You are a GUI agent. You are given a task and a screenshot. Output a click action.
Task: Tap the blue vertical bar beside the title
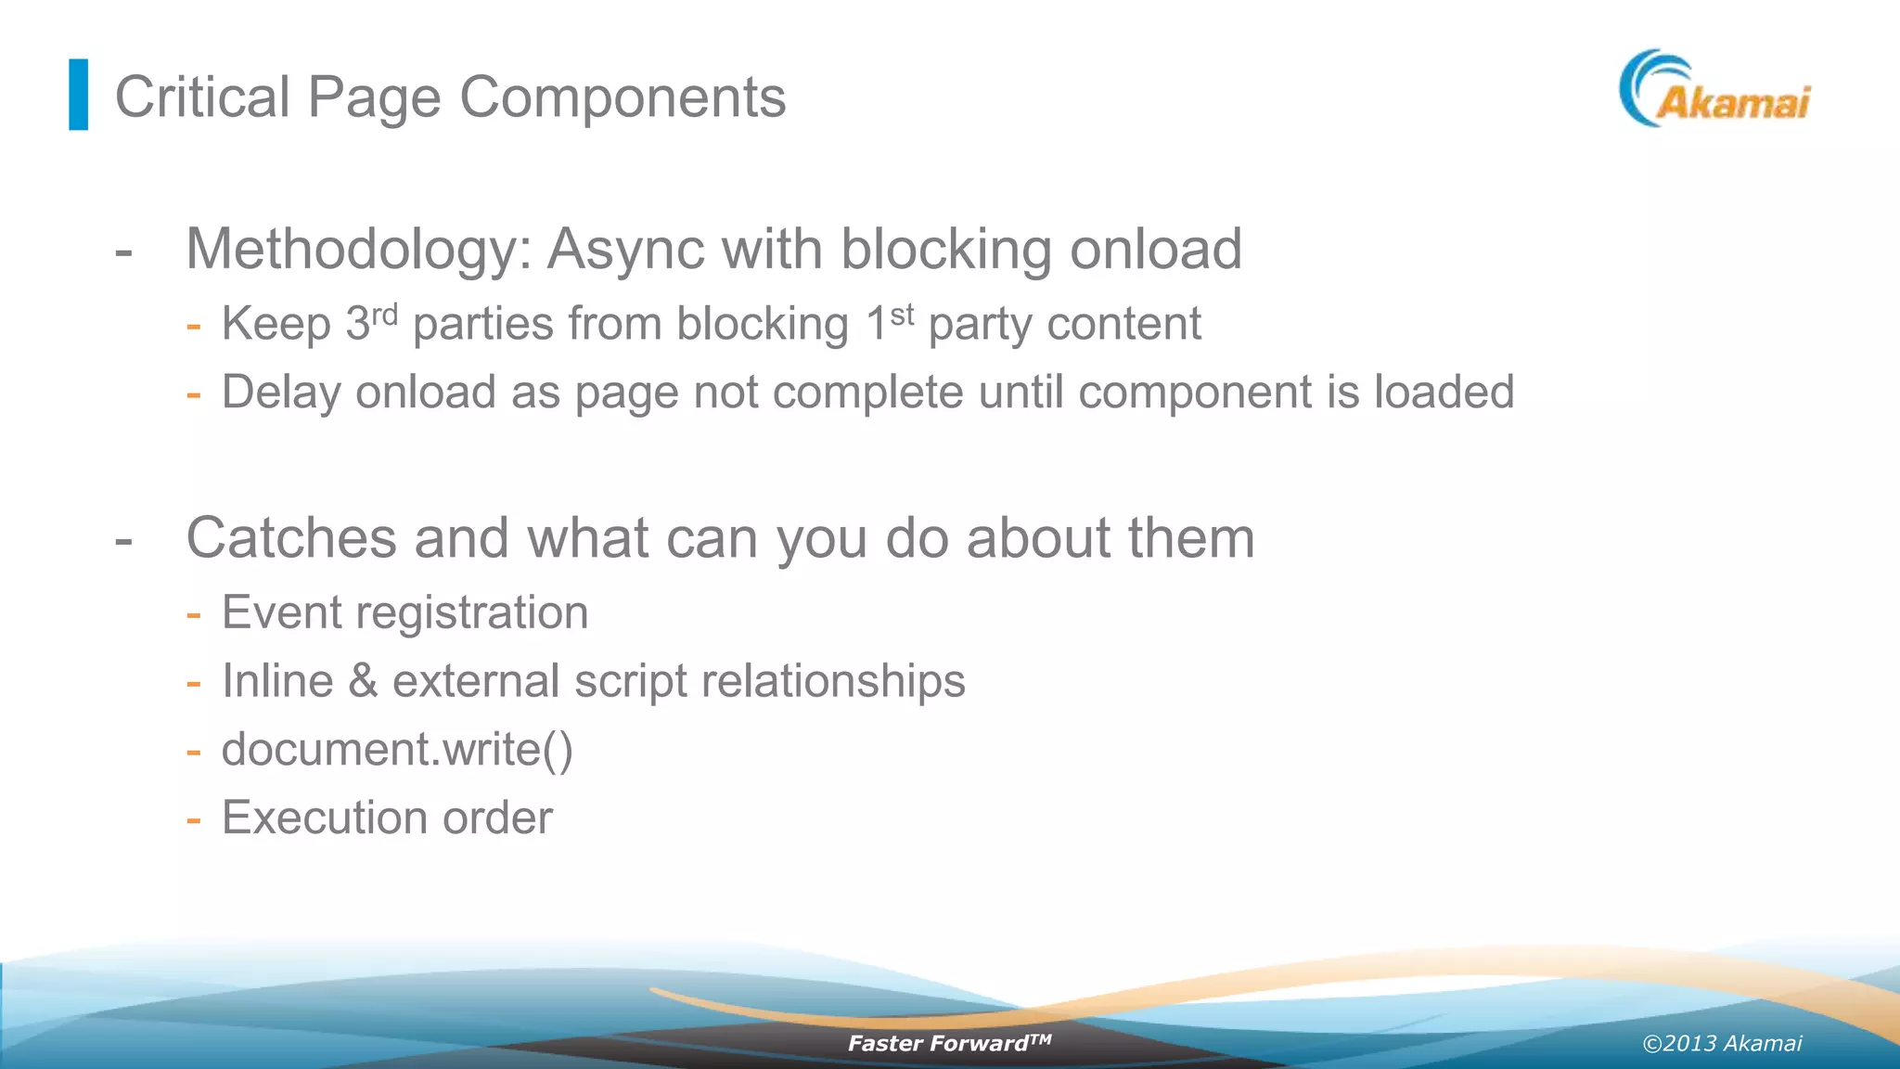[x=79, y=95]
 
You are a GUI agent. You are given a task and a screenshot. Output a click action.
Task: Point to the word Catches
[x=291, y=537]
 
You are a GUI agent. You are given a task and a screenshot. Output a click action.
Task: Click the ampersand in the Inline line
[x=363, y=681]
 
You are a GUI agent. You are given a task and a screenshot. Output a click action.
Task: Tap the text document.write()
[x=397, y=749]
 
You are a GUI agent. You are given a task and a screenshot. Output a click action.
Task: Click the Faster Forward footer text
[x=948, y=1043]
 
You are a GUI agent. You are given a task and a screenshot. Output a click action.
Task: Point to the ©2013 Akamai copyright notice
[x=1722, y=1043]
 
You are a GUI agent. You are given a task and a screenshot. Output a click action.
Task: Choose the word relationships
[x=833, y=681]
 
